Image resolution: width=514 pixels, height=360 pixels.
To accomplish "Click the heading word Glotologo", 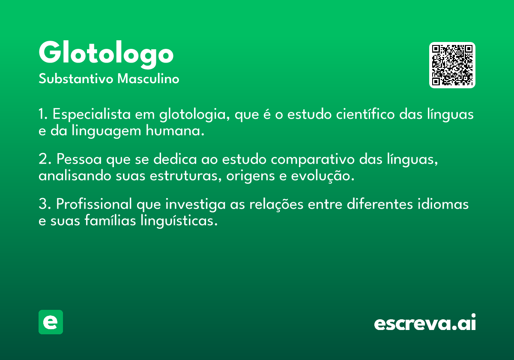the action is [106, 55].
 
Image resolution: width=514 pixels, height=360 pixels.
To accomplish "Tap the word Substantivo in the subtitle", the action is [76, 78].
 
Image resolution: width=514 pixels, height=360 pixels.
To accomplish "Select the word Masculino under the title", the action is [148, 78].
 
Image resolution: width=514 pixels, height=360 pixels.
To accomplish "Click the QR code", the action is [452, 65].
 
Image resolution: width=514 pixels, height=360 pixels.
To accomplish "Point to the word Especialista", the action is [92, 114].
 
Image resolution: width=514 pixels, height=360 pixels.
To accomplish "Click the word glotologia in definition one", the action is [194, 114].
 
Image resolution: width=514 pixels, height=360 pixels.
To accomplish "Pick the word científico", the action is [365, 114].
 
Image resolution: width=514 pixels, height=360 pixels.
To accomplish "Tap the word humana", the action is [175, 131].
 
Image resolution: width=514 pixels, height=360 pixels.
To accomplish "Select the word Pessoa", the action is [79, 159].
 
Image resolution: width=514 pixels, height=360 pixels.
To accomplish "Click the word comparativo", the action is [313, 159].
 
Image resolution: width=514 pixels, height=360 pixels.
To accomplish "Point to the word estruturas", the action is [185, 176].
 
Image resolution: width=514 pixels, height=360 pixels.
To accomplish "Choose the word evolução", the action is [323, 176].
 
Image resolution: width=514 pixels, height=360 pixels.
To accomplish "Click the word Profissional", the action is [94, 204].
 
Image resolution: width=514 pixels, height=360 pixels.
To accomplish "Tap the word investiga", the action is [195, 204].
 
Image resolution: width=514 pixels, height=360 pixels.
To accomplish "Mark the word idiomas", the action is [443, 204].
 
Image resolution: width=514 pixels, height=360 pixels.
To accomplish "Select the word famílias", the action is [110, 220].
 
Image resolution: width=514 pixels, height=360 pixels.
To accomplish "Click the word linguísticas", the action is [179, 221].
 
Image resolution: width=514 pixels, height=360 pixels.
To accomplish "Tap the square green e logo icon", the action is [51, 322].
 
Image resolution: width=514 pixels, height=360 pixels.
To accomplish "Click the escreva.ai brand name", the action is [425, 322].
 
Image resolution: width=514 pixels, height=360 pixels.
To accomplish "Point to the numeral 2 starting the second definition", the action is [43, 159].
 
